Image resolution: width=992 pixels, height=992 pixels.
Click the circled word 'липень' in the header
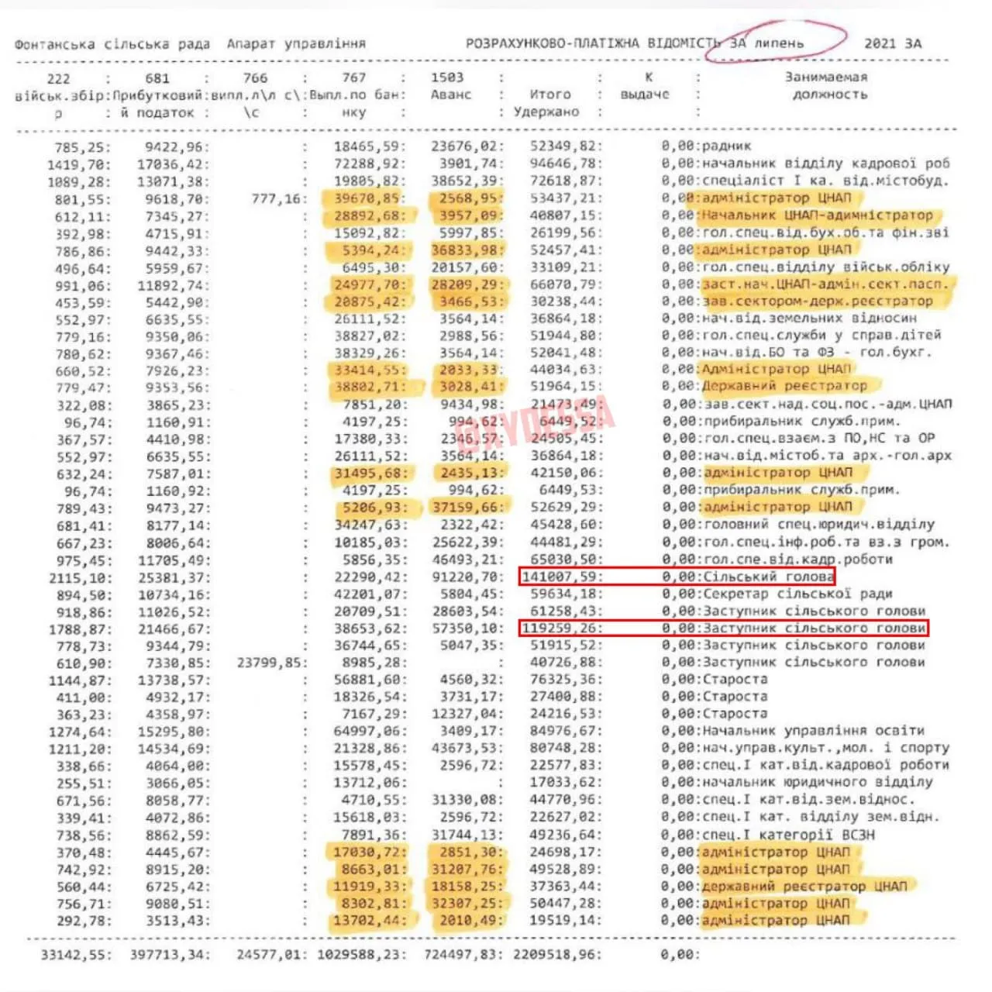[780, 43]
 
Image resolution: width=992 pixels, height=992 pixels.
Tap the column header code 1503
[447, 77]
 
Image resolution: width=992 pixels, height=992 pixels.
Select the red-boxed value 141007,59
[560, 577]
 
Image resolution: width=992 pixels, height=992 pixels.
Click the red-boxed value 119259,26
[560, 628]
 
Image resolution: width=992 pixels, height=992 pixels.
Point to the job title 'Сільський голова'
[768, 577]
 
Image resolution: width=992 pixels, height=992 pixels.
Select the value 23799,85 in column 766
[271, 663]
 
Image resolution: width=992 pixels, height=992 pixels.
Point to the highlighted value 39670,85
[367, 198]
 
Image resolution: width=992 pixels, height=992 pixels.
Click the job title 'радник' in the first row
[726, 146]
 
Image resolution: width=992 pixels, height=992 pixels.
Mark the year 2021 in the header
[880, 43]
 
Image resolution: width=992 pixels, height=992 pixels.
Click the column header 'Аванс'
[451, 95]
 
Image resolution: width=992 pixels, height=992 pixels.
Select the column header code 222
[58, 78]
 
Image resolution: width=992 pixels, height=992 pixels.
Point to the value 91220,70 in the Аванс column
[467, 577]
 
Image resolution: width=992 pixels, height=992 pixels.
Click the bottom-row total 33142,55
[75, 955]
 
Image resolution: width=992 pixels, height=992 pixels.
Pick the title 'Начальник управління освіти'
[813, 731]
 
